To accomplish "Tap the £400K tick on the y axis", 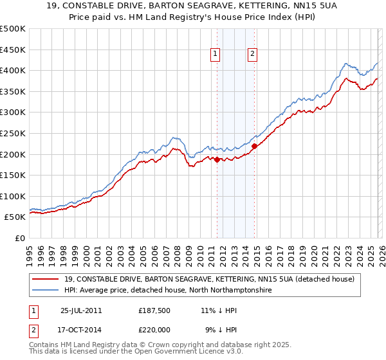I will pyautogui.click(x=13, y=70).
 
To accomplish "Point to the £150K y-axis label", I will pyautogui.click(x=13, y=175).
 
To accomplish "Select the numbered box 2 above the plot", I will pyautogui.click(x=253, y=55).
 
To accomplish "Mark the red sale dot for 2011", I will pyautogui.click(x=217, y=159).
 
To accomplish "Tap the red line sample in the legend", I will pyautogui.click(x=46, y=280).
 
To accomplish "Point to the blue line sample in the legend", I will pyautogui.click(x=46, y=291).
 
